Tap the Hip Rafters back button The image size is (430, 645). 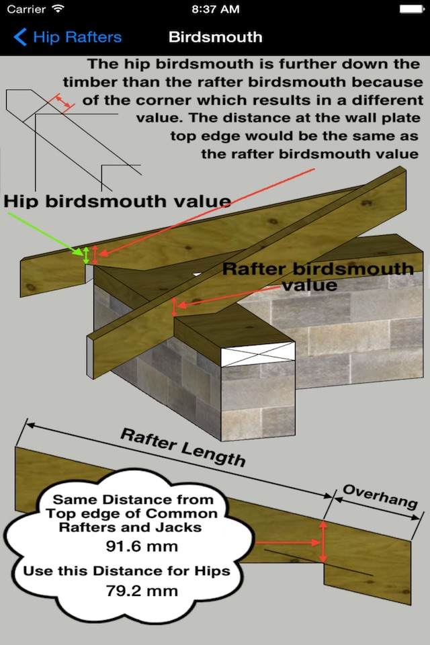pyautogui.click(x=67, y=36)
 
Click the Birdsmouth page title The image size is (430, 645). pyautogui.click(x=215, y=36)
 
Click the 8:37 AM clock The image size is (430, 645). pyautogui.click(x=215, y=9)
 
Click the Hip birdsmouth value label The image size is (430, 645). pyautogui.click(x=118, y=200)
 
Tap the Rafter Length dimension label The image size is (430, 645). pyautogui.click(x=183, y=447)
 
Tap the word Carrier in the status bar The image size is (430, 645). pyautogui.click(x=26, y=9)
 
